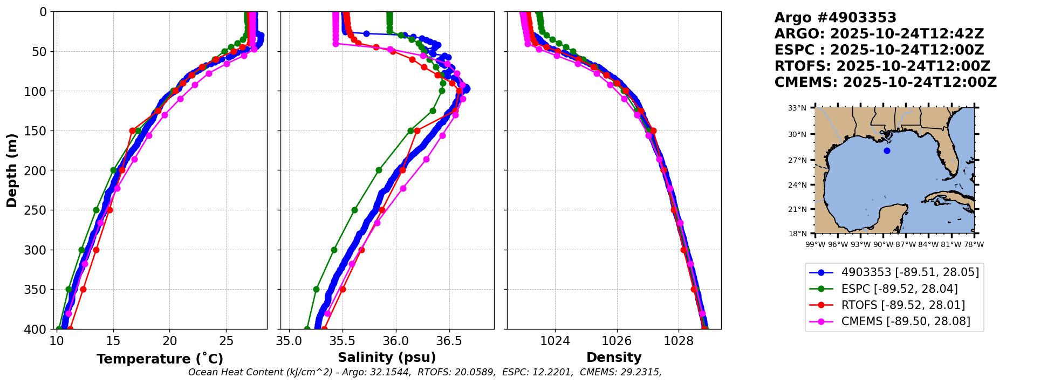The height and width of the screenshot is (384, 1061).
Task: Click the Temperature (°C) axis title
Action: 160,359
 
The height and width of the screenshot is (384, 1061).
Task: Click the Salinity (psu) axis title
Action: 387,358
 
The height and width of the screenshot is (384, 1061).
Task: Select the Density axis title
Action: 614,358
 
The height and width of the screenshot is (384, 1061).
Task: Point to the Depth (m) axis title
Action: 12,170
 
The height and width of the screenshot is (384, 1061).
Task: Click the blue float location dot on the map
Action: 887,150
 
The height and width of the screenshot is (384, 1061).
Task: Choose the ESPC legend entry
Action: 899,289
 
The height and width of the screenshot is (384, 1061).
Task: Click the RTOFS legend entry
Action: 903,305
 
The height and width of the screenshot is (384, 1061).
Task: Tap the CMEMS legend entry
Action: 906,321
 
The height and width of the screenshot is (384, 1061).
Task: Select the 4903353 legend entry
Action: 910,272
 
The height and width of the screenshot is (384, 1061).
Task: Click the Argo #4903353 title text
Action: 835,18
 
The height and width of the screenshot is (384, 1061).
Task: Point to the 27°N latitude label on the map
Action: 797,160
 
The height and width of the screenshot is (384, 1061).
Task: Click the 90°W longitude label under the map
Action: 883,244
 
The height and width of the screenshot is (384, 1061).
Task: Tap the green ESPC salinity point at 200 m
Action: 379,170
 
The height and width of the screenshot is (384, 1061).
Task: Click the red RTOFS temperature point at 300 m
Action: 96,250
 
